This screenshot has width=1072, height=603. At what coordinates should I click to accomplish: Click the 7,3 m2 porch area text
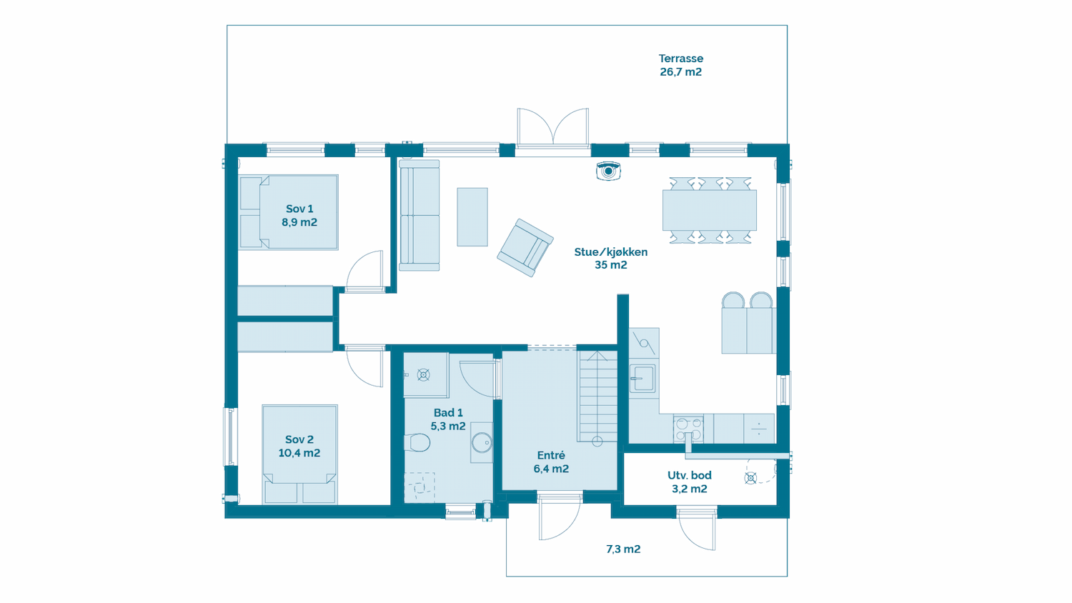pos(623,549)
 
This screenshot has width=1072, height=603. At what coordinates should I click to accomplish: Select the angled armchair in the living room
pos(525,248)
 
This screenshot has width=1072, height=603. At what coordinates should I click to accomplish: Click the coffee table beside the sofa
pos(472,216)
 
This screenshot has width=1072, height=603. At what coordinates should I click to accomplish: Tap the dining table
pos(710,210)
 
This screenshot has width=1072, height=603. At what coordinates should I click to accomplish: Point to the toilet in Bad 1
pos(417,442)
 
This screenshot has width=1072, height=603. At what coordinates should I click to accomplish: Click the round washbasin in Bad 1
pos(482,443)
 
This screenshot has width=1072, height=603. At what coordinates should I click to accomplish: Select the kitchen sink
pos(642,379)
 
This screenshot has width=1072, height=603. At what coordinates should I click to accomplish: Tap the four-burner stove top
pos(688,429)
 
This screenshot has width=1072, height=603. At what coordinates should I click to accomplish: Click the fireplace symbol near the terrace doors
pos(608,171)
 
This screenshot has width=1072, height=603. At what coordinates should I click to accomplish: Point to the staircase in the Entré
pos(597,397)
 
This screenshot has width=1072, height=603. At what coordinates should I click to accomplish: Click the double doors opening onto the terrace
pos(552,127)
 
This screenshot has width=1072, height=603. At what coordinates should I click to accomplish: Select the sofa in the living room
pos(420,215)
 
